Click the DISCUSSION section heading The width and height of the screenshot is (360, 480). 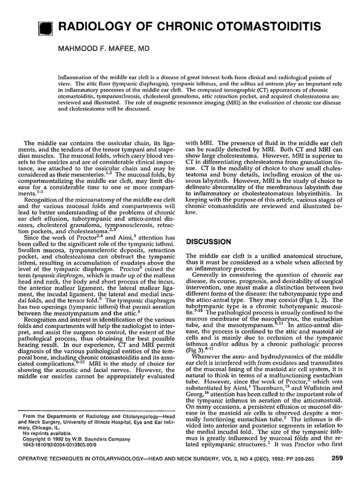[209, 242]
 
